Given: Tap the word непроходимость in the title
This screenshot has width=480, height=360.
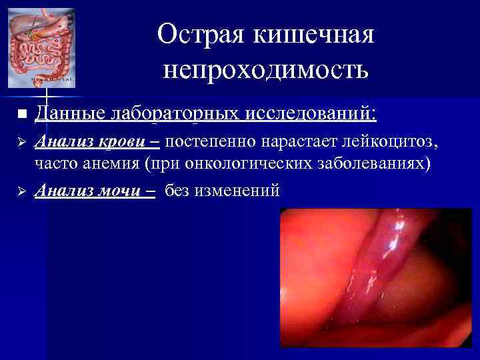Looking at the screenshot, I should pyautogui.click(x=265, y=68).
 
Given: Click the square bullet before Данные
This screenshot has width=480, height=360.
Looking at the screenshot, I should pyautogui.click(x=21, y=115).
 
